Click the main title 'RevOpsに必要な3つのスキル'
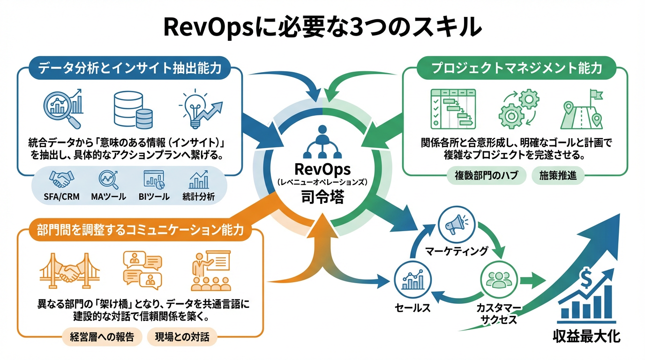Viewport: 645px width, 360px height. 322,27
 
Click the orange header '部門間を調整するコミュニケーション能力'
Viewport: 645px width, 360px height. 140,230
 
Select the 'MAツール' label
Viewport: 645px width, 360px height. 108,197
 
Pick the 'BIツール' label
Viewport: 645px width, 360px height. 154,197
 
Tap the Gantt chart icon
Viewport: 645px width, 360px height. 452,109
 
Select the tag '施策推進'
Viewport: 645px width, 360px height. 558,176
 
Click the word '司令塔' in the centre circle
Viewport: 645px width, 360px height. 322,197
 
